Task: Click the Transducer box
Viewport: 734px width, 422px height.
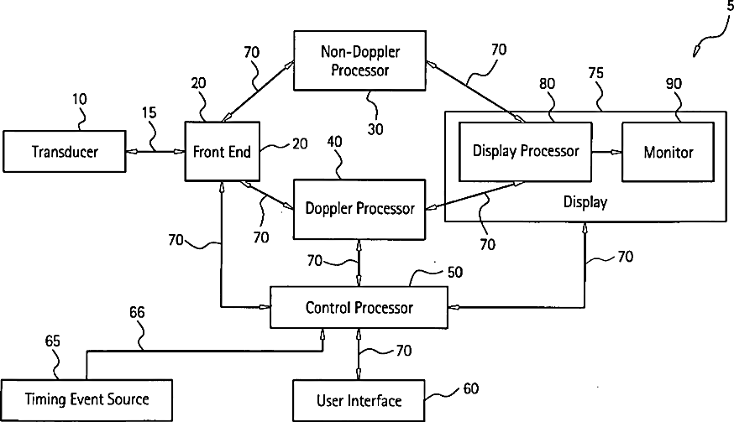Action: coord(65,152)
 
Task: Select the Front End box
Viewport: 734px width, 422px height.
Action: coord(220,152)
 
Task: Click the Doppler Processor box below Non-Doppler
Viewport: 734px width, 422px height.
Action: coord(359,208)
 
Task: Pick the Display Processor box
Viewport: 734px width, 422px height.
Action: coord(526,152)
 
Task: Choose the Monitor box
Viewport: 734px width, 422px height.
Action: coord(668,152)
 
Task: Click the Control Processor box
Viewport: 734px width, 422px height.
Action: coord(359,308)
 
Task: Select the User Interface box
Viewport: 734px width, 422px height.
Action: coord(359,400)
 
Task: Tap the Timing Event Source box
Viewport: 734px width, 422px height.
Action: coord(87,399)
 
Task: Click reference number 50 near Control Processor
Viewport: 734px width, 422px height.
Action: coord(454,273)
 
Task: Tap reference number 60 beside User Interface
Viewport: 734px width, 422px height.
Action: coord(469,390)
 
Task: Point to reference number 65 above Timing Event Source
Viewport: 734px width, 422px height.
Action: coord(52,341)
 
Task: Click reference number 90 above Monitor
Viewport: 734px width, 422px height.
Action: coord(674,84)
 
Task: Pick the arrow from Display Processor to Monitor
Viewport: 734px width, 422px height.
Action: coord(606,152)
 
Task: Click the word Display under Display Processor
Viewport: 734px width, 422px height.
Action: coord(585,202)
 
